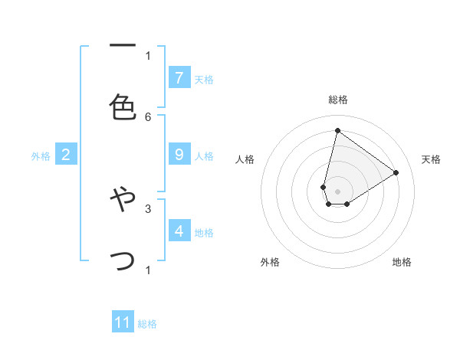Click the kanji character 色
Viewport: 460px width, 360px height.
click(x=123, y=106)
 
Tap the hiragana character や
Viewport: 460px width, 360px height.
click(x=123, y=199)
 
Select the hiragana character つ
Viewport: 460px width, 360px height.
click(x=123, y=260)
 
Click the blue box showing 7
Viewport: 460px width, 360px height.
click(x=179, y=77)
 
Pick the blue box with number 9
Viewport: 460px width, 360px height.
click(x=179, y=155)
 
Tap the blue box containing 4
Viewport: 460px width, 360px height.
click(x=179, y=231)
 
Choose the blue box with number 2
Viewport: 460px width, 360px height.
click(x=66, y=155)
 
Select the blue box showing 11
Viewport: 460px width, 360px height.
click(x=123, y=322)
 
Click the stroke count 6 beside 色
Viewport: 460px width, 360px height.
click(x=148, y=116)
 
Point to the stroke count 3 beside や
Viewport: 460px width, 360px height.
click(x=148, y=208)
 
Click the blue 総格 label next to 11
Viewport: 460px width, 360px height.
click(x=147, y=324)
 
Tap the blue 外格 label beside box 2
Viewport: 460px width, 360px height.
click(x=41, y=156)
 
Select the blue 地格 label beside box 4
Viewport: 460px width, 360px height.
click(x=204, y=232)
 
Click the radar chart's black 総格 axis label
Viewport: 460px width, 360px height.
click(x=338, y=100)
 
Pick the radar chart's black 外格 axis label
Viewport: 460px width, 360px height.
click(x=270, y=262)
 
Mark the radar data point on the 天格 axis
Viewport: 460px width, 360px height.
click(x=396, y=172)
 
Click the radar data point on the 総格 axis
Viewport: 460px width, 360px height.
click(x=337, y=130)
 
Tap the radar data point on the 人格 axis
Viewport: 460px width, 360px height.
click(x=324, y=187)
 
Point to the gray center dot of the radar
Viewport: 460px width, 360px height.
click(x=337, y=191)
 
